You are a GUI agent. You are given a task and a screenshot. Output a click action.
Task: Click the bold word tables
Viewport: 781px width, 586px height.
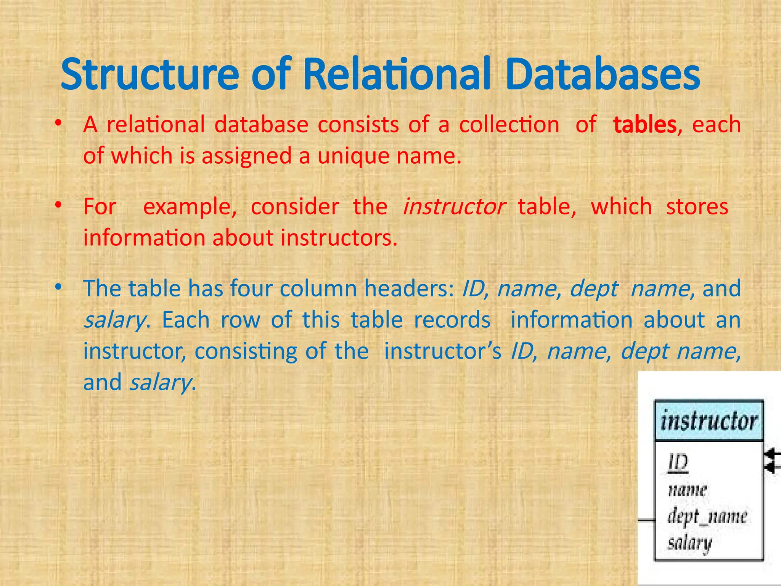pos(645,125)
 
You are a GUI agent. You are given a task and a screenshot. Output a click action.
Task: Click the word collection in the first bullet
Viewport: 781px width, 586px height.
pos(509,125)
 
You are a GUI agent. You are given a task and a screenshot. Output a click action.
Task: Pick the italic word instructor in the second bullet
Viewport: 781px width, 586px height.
pos(454,207)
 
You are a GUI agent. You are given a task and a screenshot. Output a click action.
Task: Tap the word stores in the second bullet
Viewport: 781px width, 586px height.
pos(697,207)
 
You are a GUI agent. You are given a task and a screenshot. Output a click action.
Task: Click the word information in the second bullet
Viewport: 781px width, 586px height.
pos(145,238)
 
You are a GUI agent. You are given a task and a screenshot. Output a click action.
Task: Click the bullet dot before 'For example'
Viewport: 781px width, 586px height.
pos(58,206)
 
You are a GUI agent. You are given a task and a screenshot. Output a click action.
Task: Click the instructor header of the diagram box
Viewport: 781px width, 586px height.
pos(709,421)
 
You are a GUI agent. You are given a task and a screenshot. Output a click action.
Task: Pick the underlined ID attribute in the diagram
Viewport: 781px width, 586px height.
pos(678,463)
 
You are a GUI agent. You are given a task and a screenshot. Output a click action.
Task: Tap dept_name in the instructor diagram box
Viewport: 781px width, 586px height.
pos(707,517)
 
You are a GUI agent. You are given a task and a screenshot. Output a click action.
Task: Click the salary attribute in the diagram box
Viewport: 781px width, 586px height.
pos(689,543)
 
